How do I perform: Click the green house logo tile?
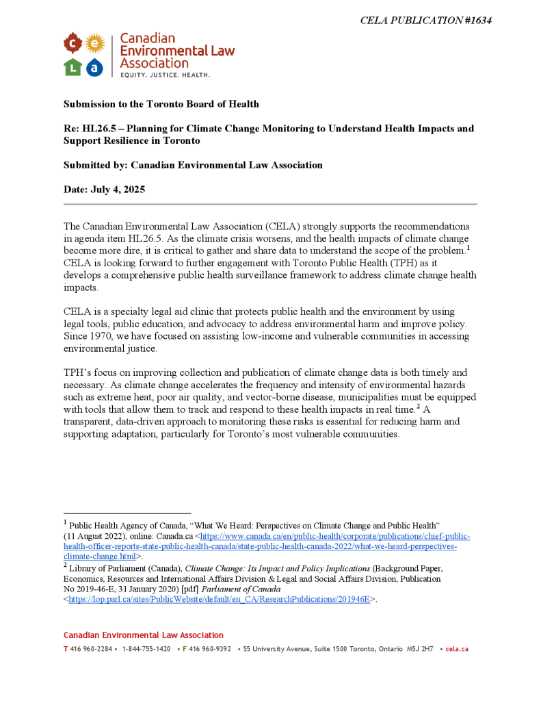point(72,67)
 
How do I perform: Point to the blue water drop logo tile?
point(94,67)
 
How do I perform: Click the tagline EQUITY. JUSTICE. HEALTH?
point(165,73)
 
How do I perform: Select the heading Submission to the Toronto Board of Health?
point(161,104)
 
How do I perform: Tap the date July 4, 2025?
point(118,190)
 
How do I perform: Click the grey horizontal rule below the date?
point(270,204)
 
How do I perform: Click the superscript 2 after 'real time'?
point(419,406)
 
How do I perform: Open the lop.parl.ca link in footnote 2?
point(219,599)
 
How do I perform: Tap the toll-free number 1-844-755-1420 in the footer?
point(146,648)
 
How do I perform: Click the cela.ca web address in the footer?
point(457,648)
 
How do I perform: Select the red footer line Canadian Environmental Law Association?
point(144,635)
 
